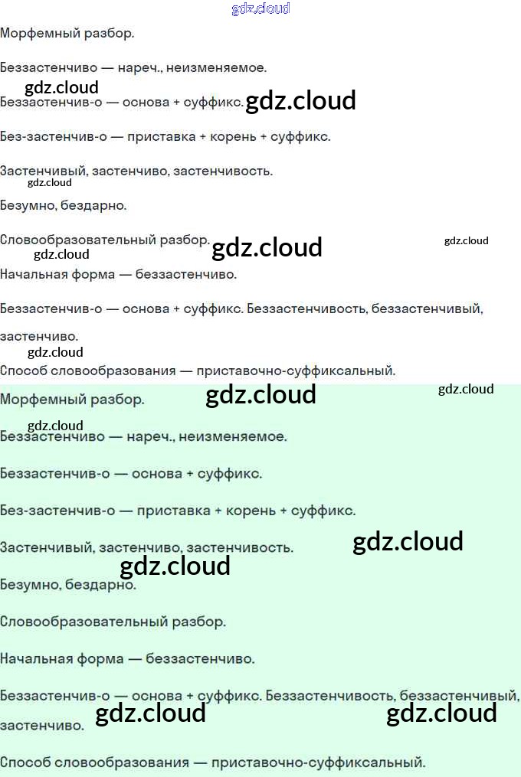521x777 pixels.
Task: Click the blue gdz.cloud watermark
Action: [260, 8]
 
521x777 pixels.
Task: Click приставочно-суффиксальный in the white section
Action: [295, 371]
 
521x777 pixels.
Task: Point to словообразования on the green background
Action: [123, 762]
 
